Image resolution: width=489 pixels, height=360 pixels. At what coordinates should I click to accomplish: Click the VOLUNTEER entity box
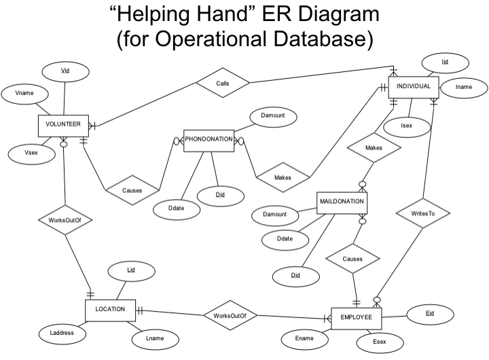[x=63, y=125]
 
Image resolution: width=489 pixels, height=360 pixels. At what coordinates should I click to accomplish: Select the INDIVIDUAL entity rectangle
[x=414, y=87]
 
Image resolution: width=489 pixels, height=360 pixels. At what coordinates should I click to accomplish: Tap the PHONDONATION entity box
[x=209, y=140]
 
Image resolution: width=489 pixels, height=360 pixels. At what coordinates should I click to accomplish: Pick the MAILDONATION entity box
[x=342, y=202]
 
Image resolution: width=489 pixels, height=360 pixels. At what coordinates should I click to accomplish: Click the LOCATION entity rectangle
[x=109, y=310]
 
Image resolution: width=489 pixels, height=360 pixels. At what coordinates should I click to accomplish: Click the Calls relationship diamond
[x=222, y=83]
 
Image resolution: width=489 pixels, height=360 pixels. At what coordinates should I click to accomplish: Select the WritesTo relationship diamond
[x=423, y=213]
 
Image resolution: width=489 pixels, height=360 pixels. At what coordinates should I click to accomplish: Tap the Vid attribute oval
[x=65, y=71]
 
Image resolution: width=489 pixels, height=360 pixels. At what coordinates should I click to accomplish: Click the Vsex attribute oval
[x=30, y=154]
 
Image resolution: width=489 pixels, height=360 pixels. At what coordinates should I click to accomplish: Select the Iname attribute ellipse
[x=463, y=87]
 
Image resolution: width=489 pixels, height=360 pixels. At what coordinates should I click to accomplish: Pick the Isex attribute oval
[x=407, y=126]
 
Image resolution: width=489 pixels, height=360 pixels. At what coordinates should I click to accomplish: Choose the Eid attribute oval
[x=429, y=313]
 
